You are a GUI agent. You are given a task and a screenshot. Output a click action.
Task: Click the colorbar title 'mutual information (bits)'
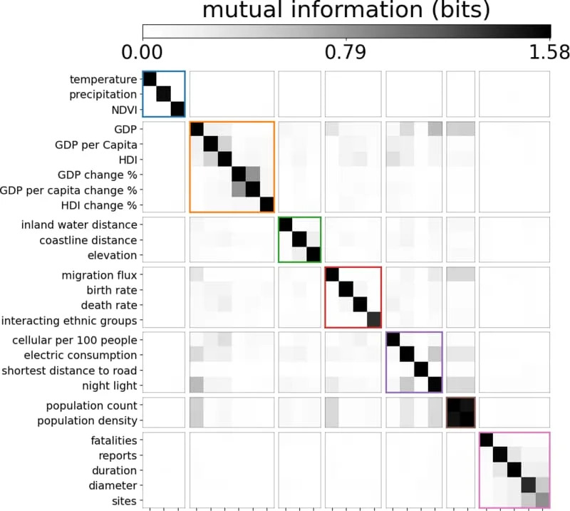346,10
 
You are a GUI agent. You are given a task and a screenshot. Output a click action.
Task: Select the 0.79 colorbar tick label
346,52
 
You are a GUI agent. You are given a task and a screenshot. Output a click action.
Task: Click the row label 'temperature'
103,79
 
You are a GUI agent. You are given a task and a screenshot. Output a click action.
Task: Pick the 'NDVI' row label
122,109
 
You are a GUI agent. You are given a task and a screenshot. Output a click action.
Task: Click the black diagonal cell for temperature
150,78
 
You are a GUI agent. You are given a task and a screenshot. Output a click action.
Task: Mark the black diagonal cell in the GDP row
197,129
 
